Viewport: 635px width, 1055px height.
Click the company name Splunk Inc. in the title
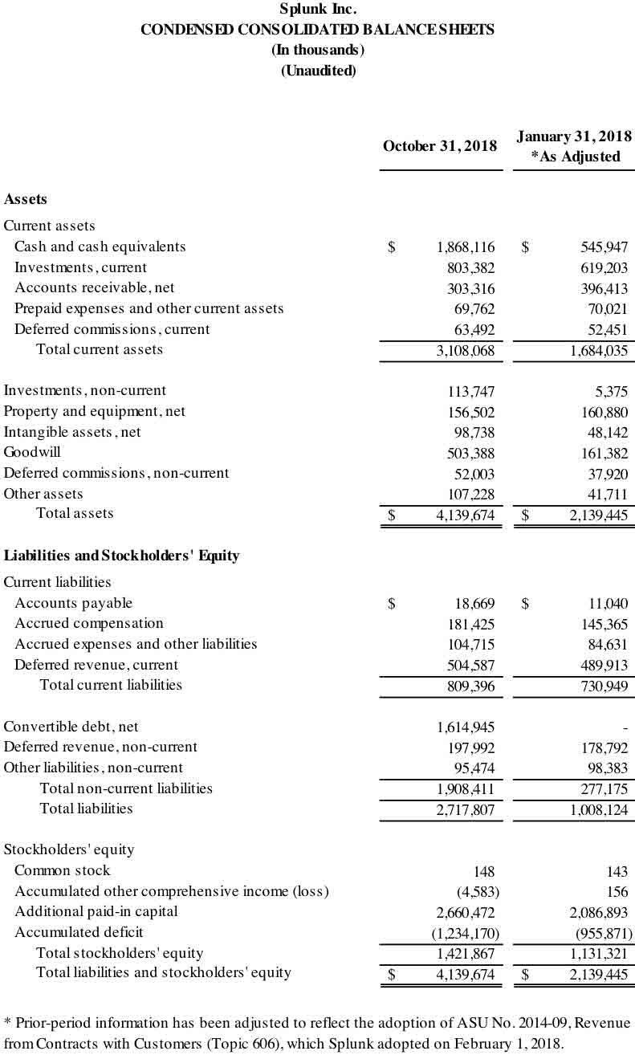(318, 10)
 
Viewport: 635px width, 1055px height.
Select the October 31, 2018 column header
(439, 146)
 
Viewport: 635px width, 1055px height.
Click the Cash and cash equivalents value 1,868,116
(466, 247)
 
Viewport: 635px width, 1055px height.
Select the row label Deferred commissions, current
(112, 329)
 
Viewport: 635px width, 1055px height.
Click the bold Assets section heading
(26, 199)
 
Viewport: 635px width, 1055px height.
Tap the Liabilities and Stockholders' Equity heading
(121, 556)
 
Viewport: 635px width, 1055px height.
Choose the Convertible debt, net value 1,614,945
(466, 727)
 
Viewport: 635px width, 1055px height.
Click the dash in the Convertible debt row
(625, 727)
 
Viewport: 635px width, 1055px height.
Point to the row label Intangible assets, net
(72, 432)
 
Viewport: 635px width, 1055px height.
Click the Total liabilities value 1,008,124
(599, 809)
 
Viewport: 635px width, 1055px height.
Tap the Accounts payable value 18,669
(475, 604)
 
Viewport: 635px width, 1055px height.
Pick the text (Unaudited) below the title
(318, 71)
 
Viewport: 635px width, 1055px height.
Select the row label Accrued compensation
(89, 624)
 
